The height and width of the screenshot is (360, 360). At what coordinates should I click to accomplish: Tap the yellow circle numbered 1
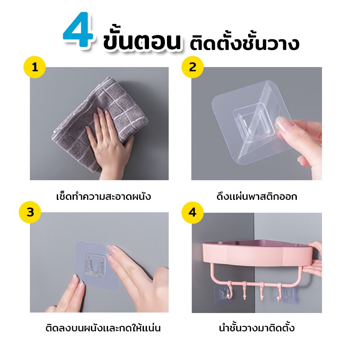coord(35,67)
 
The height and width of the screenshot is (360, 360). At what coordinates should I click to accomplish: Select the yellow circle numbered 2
coord(193,67)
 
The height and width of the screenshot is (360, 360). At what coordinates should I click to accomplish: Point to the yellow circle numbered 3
coord(30,212)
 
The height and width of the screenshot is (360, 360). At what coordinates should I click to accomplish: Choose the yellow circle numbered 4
coord(193,212)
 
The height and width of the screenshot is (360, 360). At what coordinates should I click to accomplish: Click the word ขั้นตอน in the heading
coord(142,41)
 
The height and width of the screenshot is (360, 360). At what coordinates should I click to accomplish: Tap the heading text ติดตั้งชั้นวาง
coord(244,42)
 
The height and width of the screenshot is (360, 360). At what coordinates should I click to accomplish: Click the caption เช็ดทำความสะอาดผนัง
coord(103,196)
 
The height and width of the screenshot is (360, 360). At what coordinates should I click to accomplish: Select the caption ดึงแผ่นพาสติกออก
coord(257,196)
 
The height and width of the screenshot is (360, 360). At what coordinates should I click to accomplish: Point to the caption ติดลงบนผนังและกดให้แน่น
coord(103,328)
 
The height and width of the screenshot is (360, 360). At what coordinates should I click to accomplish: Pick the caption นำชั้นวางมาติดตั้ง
coord(257,328)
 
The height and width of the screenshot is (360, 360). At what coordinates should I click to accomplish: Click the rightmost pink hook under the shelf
coord(279,292)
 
